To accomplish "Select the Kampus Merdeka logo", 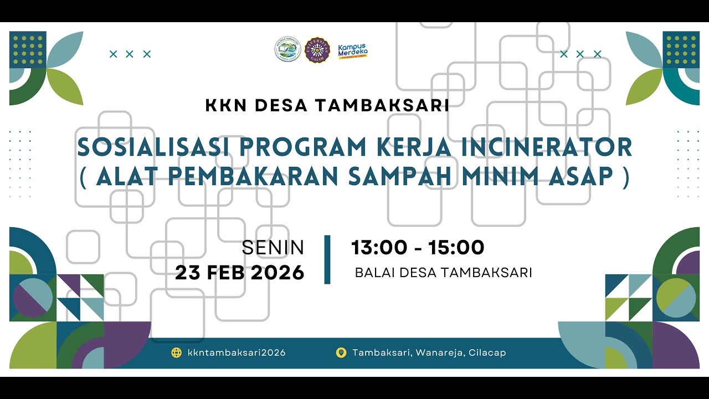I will point(353,50).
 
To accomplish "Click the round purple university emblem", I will point(317,50).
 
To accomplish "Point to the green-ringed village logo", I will point(287,49).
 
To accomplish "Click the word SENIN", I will point(273,248).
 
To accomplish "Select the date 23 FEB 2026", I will point(240,272).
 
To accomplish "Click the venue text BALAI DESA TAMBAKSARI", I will point(443,273).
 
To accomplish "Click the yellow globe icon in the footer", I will point(177,352).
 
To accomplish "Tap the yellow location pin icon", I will point(341,352).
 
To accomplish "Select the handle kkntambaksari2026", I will point(237,352).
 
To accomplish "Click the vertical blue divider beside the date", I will point(327,259).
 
